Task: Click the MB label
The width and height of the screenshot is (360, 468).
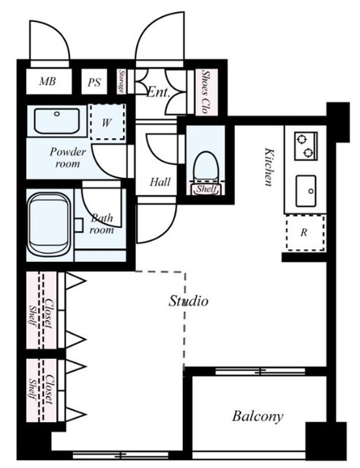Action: (48, 81)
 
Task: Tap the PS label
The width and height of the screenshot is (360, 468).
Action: (94, 83)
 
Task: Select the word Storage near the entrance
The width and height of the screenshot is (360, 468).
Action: (121, 81)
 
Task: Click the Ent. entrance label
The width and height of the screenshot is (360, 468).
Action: (158, 92)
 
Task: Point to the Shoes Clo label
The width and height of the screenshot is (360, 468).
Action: (205, 91)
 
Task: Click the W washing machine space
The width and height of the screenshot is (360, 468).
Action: (108, 122)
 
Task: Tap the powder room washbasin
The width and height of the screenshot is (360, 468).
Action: (57, 121)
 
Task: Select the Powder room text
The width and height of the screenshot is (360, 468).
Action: (67, 157)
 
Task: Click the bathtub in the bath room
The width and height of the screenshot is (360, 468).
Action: (49, 224)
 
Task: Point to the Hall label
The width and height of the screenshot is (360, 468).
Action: (160, 182)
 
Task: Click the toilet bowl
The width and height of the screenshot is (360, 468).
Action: (206, 167)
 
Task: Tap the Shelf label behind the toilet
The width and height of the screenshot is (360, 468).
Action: (206, 189)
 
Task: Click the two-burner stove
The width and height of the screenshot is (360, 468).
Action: (306, 146)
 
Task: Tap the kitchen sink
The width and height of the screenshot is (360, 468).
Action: (306, 191)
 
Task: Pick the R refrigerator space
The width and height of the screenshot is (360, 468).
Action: (305, 233)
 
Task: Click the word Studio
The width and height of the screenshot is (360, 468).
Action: (188, 301)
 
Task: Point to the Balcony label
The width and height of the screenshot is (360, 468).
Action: (258, 416)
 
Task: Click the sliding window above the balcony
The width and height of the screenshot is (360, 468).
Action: (260, 371)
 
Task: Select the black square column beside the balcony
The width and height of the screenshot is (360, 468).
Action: (326, 441)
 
